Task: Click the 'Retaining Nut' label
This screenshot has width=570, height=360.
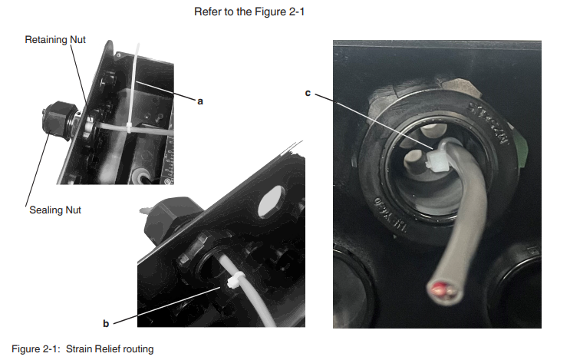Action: (x=55, y=40)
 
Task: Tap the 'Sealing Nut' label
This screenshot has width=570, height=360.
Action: (x=55, y=210)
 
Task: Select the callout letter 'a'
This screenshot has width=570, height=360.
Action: (x=200, y=101)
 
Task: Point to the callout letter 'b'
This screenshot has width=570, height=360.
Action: (x=106, y=323)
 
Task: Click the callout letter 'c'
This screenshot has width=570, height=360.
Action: (x=308, y=93)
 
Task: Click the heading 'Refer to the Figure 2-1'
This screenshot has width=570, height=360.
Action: (x=249, y=12)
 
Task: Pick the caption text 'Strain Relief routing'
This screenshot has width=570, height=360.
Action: (x=110, y=349)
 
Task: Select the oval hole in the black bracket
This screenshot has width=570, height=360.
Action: (x=272, y=202)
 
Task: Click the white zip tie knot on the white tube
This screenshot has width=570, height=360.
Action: (x=235, y=280)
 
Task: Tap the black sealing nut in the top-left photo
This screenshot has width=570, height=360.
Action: (x=59, y=120)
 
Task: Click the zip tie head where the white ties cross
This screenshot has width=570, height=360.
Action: (x=129, y=128)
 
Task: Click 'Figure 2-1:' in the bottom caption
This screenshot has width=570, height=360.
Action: (x=35, y=349)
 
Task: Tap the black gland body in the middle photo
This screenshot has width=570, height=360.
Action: (x=172, y=218)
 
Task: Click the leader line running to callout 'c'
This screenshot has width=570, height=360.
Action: (x=374, y=121)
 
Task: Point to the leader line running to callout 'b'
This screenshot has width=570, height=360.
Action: (x=166, y=305)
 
